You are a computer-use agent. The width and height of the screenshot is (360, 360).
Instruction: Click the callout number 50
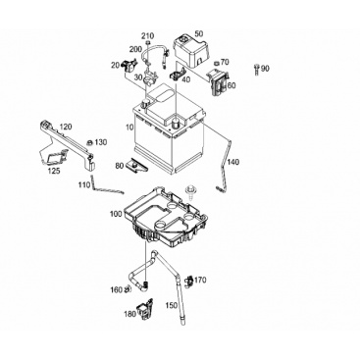[199, 33]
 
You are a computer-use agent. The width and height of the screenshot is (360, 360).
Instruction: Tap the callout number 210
[148, 35]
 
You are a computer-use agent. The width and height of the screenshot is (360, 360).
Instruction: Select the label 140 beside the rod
[233, 162]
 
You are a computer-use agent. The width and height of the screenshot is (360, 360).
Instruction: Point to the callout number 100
[116, 214]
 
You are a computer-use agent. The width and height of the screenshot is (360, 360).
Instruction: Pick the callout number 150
[172, 305]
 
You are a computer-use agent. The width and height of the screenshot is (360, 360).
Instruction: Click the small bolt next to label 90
[256, 69]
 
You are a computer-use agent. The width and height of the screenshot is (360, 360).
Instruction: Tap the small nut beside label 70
[216, 63]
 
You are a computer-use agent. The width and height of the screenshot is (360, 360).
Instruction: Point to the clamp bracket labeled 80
[136, 165]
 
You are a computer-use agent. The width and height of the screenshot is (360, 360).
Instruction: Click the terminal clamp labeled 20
[129, 66]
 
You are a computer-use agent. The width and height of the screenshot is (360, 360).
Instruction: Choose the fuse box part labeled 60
[217, 82]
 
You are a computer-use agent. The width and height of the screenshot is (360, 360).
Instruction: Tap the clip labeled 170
[189, 282]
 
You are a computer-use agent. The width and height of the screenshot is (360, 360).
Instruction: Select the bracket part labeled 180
[145, 309]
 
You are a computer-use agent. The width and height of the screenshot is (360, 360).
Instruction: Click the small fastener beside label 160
[129, 288]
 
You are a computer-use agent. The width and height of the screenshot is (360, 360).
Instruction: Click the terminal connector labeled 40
[178, 75]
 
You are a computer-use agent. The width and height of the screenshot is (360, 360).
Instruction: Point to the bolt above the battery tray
[188, 191]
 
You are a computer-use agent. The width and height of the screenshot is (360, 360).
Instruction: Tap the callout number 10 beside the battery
[129, 128]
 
